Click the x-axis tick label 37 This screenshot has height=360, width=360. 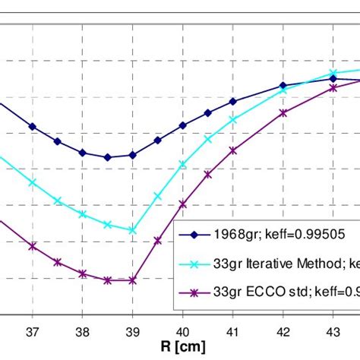pos(33,332)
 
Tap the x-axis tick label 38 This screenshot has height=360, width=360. pos(83,332)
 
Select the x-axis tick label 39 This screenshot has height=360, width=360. pos(133,332)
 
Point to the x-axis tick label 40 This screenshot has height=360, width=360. pos(183,332)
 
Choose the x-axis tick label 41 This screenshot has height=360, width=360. pos(233,332)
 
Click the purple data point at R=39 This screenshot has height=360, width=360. pos(133,280)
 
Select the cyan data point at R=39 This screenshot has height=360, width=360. pos(133,230)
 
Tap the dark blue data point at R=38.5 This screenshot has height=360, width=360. pos(108,157)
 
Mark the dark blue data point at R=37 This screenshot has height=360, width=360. pos(33,126)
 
